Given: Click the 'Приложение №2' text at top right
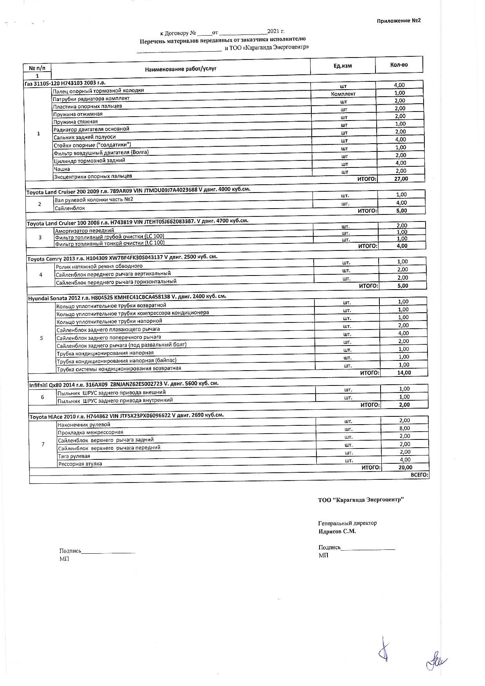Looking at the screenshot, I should pos(399,21).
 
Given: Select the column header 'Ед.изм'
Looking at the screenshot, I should pos(342,66).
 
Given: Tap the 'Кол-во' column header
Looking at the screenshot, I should pos(399,65).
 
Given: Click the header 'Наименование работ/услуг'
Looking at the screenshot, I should pos(181,69).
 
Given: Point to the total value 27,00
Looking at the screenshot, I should pos(401,178).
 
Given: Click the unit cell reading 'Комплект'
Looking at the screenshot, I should pos(343,94).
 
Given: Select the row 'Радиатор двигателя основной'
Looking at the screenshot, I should pos(91,129).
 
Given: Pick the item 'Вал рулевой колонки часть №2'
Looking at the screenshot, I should pos(94,200).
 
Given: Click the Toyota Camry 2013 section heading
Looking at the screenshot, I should pos(122,257).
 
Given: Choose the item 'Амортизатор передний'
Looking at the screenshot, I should pos(84,231).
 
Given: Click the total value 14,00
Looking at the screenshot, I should pos(404,373).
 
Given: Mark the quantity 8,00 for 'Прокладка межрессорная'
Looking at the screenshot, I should pos(404,428).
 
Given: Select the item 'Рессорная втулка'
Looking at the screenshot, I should pos(80,464).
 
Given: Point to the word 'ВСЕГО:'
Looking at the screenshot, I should pos(419,475).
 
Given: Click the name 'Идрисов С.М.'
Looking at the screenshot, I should pos(337,531).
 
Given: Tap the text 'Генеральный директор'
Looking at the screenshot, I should pos(347,523).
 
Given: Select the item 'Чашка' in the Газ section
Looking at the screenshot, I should pos(62,169).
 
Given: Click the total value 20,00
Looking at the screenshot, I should pos(405,467).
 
